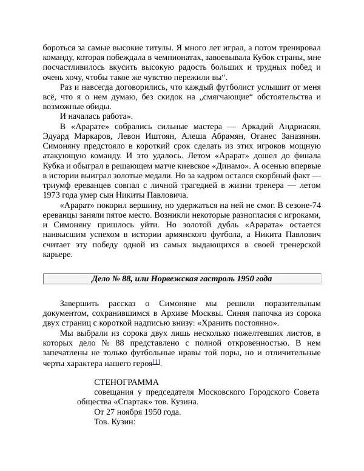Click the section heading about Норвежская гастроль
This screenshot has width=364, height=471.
click(181, 279)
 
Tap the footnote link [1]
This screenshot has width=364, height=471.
click(156, 362)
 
